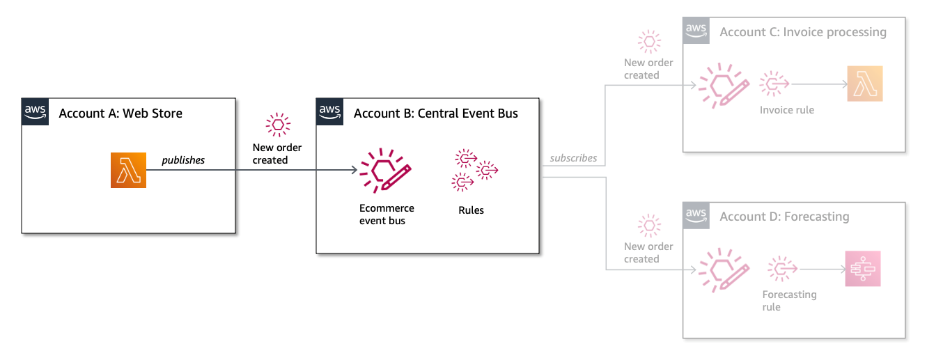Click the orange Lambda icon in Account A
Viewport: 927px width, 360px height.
pyautogui.click(x=128, y=170)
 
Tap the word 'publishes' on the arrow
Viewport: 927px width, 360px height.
pyautogui.click(x=183, y=160)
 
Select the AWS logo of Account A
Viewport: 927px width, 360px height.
pyautogui.click(x=36, y=112)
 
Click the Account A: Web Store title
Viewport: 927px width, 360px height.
pyautogui.click(x=120, y=114)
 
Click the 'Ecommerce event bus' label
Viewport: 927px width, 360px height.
pyautogui.click(x=387, y=214)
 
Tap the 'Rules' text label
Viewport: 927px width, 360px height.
pyautogui.click(x=471, y=210)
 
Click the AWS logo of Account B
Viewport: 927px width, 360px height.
pyautogui.click(x=329, y=112)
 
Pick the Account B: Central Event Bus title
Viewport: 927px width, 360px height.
pyautogui.click(x=435, y=114)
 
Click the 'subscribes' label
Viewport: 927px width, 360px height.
pyautogui.click(x=573, y=158)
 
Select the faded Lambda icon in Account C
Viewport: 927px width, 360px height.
pyautogui.click(x=864, y=84)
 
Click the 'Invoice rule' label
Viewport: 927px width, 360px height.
pyautogui.click(x=787, y=110)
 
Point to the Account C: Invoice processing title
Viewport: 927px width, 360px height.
pyautogui.click(x=802, y=32)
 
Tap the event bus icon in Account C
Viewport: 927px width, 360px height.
pyautogui.click(x=724, y=86)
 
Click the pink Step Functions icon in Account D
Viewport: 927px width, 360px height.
pyautogui.click(x=863, y=269)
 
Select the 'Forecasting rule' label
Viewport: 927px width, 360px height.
pyautogui.click(x=789, y=301)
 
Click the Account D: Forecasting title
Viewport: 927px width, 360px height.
pyautogui.click(x=784, y=217)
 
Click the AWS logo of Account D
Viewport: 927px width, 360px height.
pyautogui.click(x=696, y=215)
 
